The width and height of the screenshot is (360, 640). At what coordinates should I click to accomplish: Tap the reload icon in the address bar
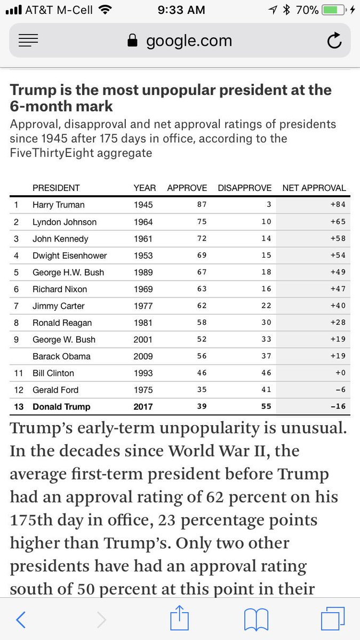[334, 41]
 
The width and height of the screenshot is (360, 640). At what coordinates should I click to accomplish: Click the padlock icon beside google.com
[132, 41]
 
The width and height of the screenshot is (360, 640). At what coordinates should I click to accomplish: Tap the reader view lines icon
[28, 41]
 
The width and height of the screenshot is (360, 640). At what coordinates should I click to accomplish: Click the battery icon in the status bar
[334, 10]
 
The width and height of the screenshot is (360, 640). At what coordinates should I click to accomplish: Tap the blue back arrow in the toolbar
[21, 619]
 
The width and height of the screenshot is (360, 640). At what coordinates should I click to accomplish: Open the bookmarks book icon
[257, 619]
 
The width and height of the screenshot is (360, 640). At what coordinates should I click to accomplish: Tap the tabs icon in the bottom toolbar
[333, 619]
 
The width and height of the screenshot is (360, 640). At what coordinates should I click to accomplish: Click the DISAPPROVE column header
[245, 188]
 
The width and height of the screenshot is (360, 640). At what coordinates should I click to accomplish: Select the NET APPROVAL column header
[314, 188]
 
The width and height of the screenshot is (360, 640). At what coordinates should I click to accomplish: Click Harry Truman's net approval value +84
[338, 205]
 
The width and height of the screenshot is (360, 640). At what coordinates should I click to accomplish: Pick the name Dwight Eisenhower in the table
[70, 255]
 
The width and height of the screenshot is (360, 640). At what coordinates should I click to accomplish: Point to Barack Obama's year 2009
[143, 356]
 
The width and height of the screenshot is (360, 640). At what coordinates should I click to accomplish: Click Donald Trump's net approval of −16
[338, 406]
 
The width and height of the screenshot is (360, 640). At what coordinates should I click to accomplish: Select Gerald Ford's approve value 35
[202, 389]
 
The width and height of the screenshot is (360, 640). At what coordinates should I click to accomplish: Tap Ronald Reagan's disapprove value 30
[266, 322]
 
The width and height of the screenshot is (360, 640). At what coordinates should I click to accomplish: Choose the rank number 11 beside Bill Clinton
[19, 373]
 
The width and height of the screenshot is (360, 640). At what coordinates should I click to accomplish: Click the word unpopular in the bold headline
[179, 91]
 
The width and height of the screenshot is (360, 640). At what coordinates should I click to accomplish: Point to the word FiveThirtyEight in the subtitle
[51, 153]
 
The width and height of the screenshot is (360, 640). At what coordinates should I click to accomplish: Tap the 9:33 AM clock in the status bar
[181, 10]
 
